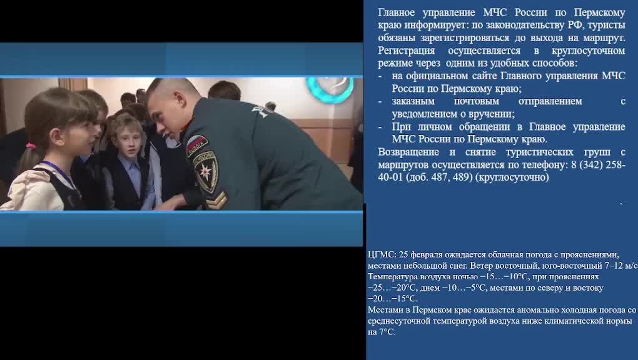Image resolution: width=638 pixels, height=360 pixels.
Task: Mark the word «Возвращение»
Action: [x=408, y=152]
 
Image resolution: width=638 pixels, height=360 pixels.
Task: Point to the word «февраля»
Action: [x=428, y=254]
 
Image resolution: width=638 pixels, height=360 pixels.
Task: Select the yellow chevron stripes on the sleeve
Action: [x=216, y=199]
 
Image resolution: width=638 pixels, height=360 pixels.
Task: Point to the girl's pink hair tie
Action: [x=31, y=146]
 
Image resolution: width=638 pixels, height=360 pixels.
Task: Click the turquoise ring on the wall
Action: [x=329, y=90]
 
